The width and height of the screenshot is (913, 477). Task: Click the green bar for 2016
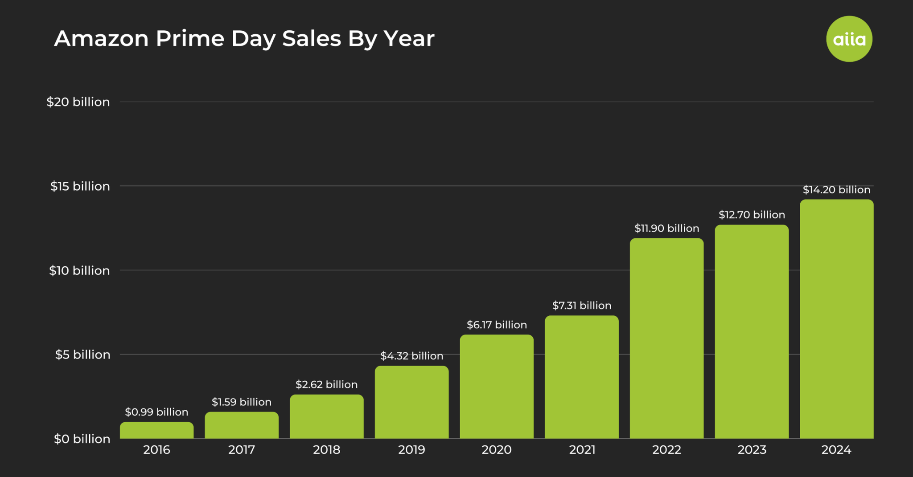point(156,430)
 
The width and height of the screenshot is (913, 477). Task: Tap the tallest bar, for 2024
point(836,319)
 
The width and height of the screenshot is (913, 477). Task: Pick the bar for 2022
point(666,338)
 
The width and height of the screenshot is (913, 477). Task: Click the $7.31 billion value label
point(581,306)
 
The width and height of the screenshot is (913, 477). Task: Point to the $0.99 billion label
point(156,412)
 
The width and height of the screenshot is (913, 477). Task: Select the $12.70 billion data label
point(752,215)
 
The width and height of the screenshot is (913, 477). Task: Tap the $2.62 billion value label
point(326,384)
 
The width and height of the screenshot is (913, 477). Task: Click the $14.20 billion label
point(836,190)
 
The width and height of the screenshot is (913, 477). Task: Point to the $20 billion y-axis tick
point(78,102)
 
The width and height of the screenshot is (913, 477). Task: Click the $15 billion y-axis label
point(80,186)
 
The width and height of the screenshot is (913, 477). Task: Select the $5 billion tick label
point(82,355)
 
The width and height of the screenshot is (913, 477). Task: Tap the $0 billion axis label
point(82,439)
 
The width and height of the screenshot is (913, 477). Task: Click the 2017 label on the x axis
point(242,450)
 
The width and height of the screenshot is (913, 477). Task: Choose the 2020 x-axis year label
point(497,450)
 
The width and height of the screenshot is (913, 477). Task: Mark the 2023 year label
point(752,450)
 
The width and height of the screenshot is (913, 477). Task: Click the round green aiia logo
point(849,39)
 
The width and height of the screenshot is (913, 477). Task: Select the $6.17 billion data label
point(497,325)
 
